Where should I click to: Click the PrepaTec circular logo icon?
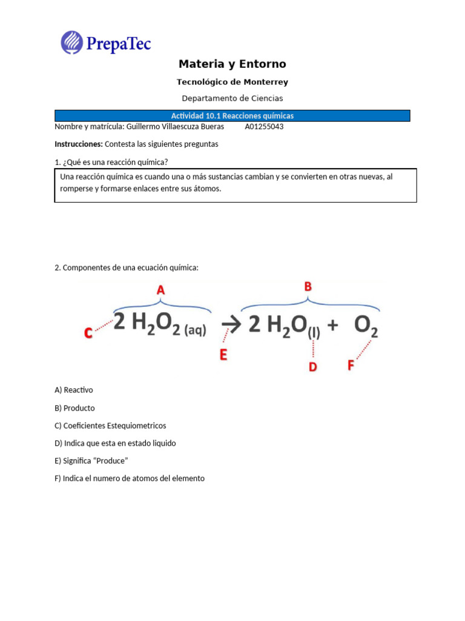tap(72, 42)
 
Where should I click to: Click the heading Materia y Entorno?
tap(232, 64)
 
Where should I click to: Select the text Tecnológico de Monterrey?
tap(232, 82)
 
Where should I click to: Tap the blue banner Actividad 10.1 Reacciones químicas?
tap(232, 116)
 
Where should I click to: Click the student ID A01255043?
tap(264, 127)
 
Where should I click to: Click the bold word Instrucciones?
tap(78, 144)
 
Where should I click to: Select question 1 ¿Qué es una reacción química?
tap(111, 162)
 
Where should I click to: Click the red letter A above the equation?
tap(160, 290)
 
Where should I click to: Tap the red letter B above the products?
tap(308, 287)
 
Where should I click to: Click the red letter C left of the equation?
tap(88, 333)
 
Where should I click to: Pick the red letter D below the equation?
tap(313, 366)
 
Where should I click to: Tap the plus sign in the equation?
tap(332, 326)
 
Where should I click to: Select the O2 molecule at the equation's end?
tap(366, 327)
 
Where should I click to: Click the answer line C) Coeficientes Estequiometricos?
tap(110, 426)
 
